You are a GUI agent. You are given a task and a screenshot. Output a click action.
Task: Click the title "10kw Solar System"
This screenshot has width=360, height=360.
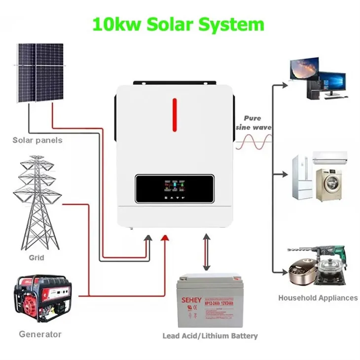(x=179, y=24)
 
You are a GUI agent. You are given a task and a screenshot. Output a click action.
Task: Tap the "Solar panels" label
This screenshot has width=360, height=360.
(x=37, y=141)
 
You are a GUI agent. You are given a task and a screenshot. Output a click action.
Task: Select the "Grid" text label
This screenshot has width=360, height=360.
(x=36, y=257)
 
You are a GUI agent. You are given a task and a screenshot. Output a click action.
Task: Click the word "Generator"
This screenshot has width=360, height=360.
(x=40, y=334)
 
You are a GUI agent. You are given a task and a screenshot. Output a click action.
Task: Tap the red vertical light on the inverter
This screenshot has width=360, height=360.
(x=175, y=114)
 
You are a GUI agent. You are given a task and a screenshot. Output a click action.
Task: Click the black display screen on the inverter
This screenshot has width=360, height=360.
(x=175, y=190)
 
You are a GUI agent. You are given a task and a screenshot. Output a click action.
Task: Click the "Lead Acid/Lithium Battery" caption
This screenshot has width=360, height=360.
(x=210, y=336)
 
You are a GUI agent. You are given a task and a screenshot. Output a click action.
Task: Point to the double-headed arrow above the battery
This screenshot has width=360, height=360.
(x=207, y=252)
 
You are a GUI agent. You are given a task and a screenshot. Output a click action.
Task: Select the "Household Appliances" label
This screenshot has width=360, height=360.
(x=318, y=298)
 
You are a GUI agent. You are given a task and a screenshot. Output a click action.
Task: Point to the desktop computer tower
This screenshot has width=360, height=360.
(x=314, y=89)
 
